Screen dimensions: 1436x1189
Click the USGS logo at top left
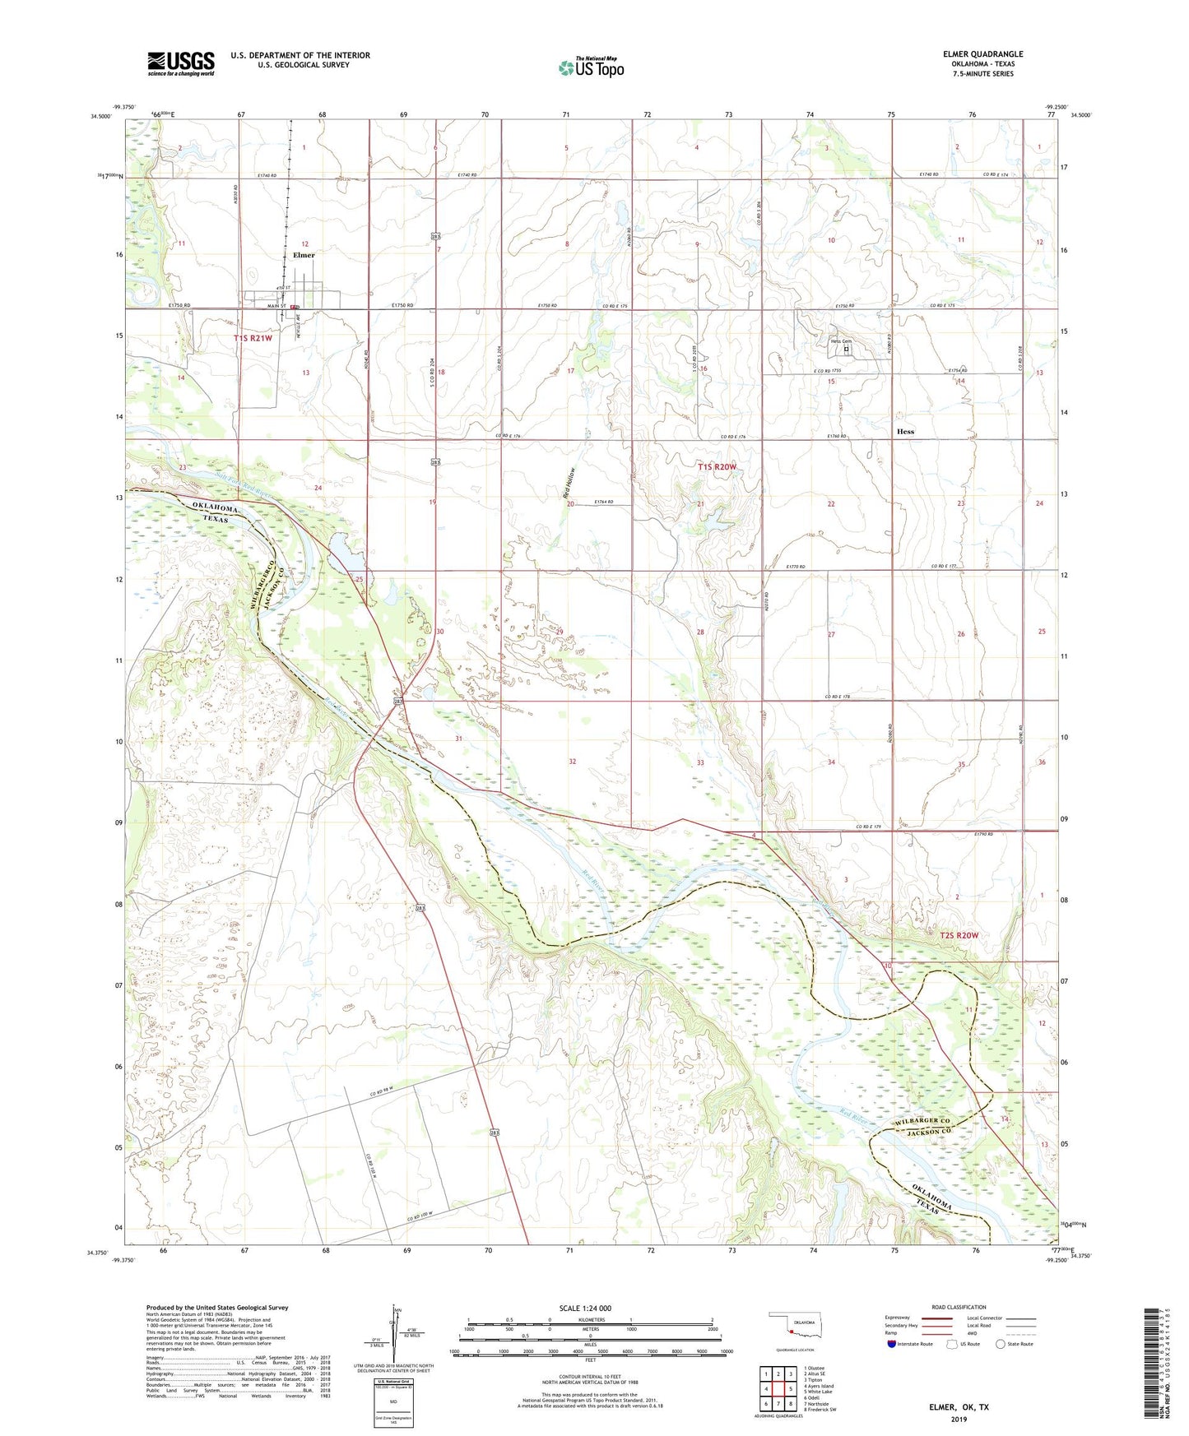pos(181,63)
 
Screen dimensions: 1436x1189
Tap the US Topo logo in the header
pos(591,67)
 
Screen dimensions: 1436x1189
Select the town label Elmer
pos(304,255)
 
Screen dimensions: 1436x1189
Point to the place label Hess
pos(905,431)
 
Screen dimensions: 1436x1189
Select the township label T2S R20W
pos(959,935)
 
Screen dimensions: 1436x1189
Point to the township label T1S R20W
pos(717,467)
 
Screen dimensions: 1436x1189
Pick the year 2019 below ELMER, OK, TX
pos(959,1419)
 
